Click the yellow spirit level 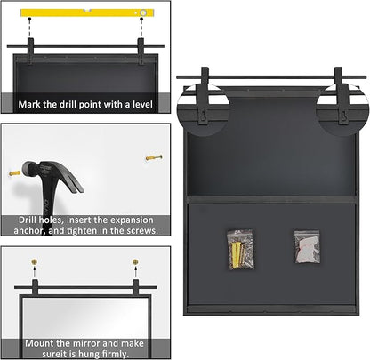click(x=87, y=12)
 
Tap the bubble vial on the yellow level click(x=143, y=12)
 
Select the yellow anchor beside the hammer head click(x=14, y=173)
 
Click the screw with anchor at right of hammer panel click(x=154, y=157)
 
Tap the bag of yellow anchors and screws click(x=241, y=250)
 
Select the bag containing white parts click(x=307, y=247)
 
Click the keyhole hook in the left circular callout click(x=203, y=116)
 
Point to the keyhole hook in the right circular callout click(x=343, y=116)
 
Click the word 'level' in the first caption click(x=142, y=104)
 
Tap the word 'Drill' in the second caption click(x=28, y=220)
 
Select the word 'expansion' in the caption click(x=132, y=220)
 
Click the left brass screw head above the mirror click(x=35, y=262)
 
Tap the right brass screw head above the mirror click(x=135, y=262)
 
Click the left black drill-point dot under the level click(x=29, y=19)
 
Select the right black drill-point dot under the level click(x=141, y=19)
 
